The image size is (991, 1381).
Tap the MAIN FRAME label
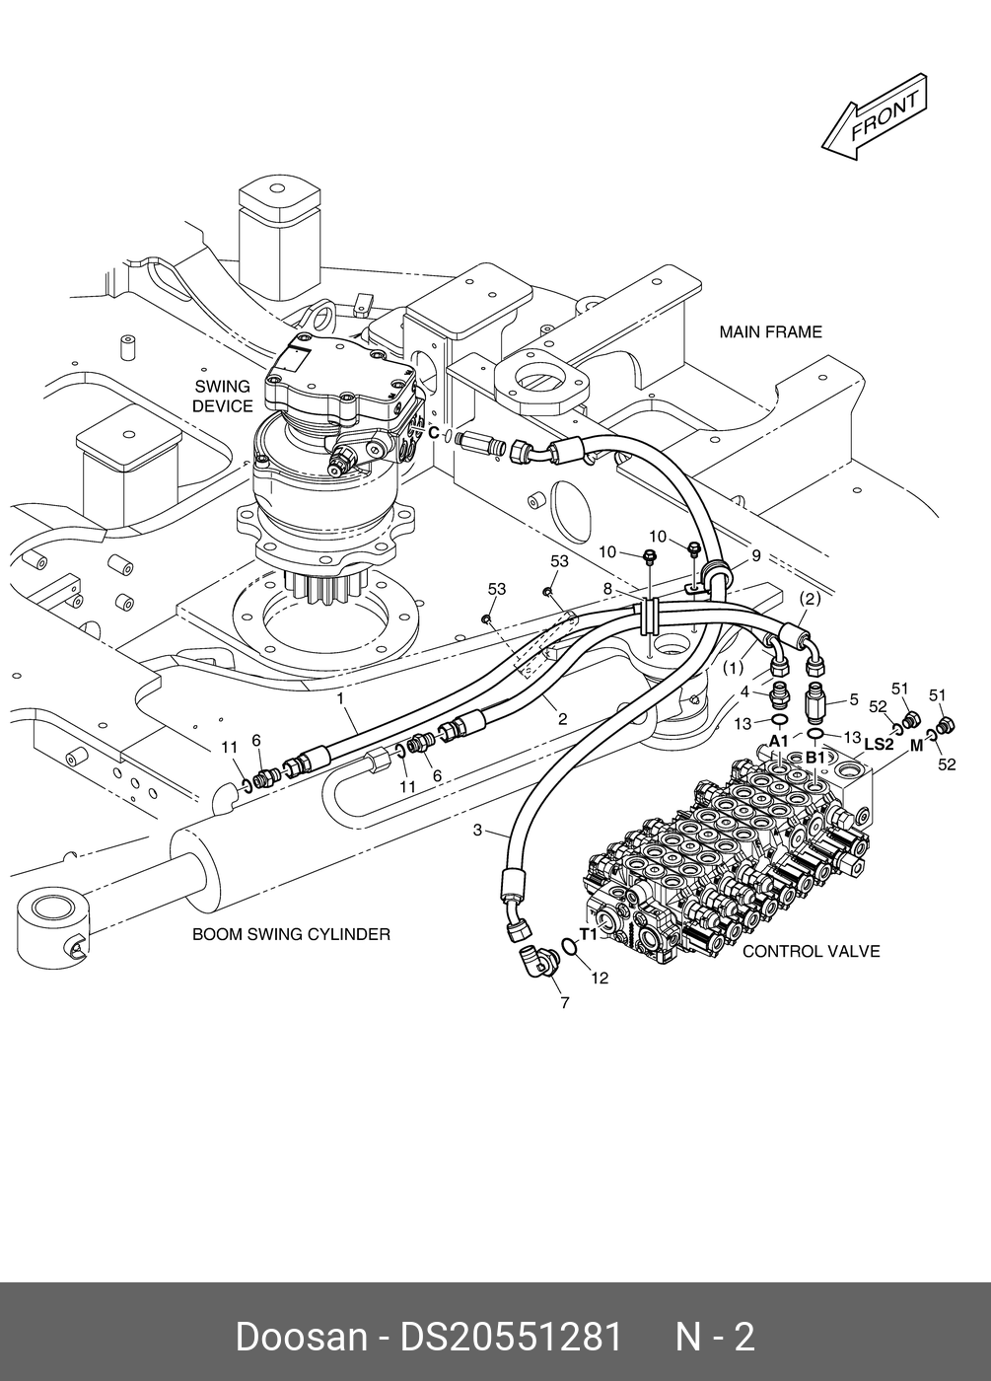click(x=770, y=332)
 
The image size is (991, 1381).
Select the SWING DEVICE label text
click(x=222, y=397)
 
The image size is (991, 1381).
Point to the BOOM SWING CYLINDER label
click(x=291, y=934)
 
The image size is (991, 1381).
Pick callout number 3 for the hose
click(x=477, y=831)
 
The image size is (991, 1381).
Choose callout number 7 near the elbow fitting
click(x=564, y=1004)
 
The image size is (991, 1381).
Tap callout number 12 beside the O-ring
click(x=600, y=979)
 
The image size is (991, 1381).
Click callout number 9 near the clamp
click(x=755, y=555)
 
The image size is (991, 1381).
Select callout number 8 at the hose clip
click(x=608, y=589)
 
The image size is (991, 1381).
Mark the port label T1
click(x=588, y=933)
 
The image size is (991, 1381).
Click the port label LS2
click(x=878, y=745)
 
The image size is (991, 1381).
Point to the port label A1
click(x=778, y=741)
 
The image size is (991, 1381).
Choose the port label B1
click(x=815, y=757)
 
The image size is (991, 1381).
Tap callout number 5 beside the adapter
click(x=854, y=699)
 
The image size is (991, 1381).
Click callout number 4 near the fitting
click(x=745, y=691)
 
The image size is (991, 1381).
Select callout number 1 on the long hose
click(x=340, y=699)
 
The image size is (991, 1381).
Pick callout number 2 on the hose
click(x=562, y=719)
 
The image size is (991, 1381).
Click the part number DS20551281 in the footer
click(x=511, y=1338)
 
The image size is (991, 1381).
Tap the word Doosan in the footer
click(x=301, y=1338)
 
